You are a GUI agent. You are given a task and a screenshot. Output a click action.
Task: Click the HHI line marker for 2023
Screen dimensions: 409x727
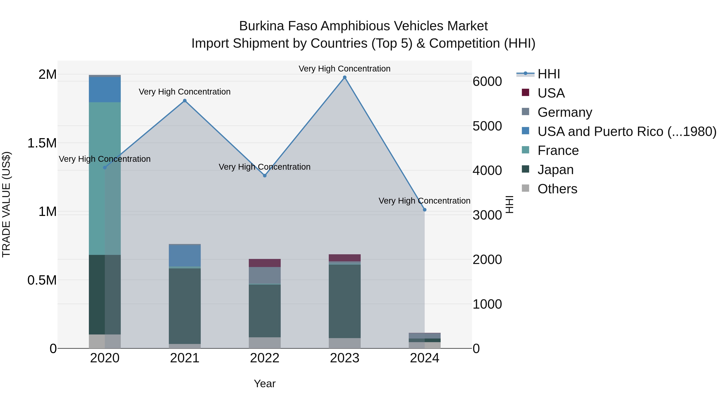coord(345,77)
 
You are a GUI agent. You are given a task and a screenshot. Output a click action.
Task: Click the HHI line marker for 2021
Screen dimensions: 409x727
coord(185,101)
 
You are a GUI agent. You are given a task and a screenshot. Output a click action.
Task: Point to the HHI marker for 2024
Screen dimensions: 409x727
coord(424,210)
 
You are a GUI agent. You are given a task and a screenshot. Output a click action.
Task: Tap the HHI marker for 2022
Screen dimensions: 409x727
coord(265,176)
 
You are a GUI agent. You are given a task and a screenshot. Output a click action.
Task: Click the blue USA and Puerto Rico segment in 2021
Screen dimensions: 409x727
coord(185,256)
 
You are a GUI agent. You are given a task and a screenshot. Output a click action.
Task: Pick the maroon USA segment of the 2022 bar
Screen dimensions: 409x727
coord(265,263)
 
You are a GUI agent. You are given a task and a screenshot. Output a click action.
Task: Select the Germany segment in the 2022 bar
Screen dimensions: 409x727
coord(265,275)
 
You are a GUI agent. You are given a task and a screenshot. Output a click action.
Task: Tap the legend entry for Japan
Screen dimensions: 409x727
coord(555,170)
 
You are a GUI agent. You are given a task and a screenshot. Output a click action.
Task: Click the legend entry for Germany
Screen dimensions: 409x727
coord(564,112)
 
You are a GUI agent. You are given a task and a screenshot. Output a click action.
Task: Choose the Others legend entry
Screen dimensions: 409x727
coord(557,189)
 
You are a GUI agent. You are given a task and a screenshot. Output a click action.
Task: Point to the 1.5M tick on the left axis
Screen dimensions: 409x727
coord(42,143)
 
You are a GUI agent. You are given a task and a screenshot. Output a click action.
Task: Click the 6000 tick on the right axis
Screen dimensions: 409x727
coord(487,82)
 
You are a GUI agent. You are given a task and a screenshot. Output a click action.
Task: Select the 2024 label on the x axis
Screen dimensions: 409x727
coord(424,358)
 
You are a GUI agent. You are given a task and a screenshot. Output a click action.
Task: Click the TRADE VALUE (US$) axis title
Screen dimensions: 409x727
coord(6,204)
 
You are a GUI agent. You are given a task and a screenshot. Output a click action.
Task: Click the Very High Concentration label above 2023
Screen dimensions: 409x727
coord(344,69)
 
